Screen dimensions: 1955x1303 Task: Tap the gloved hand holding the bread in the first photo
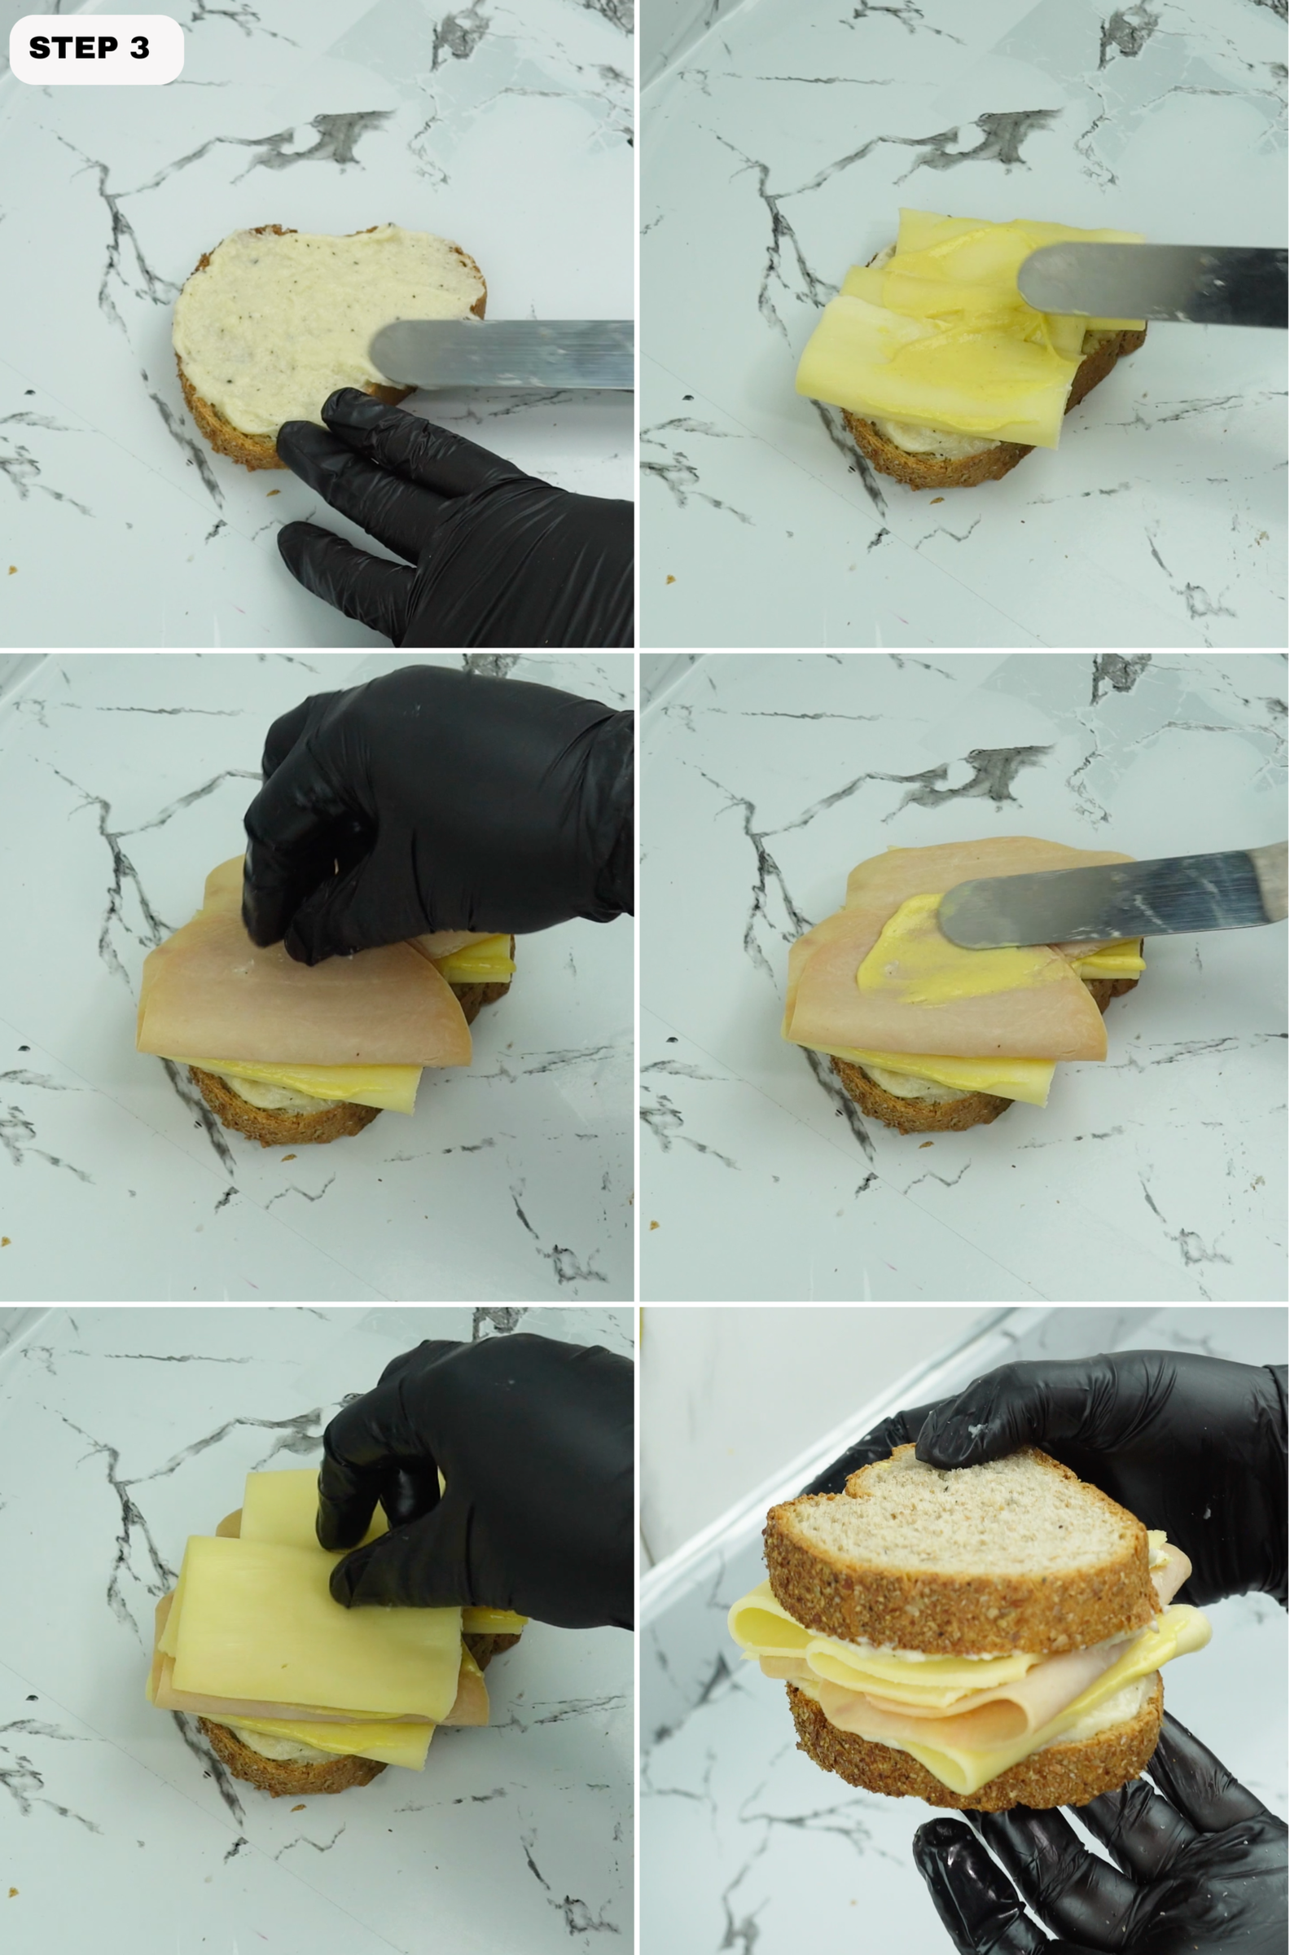click(465, 532)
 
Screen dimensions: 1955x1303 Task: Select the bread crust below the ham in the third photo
click(283, 1122)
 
